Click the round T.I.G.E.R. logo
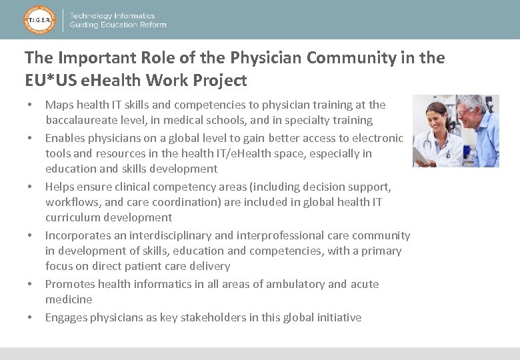click(39, 20)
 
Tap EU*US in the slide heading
click(50, 81)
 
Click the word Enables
click(66, 138)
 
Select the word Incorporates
click(79, 235)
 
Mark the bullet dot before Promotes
click(30, 284)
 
